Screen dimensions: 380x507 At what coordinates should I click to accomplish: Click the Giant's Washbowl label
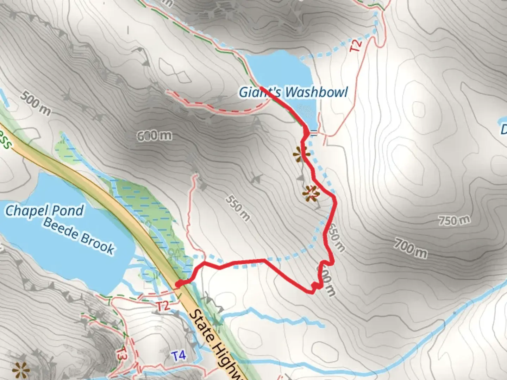click(x=293, y=92)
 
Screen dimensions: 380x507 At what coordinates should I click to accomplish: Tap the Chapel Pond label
click(x=45, y=210)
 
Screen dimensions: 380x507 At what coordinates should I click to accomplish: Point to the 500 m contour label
click(x=35, y=103)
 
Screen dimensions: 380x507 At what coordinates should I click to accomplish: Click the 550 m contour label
click(x=238, y=208)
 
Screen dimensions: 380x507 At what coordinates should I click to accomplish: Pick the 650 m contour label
click(x=336, y=238)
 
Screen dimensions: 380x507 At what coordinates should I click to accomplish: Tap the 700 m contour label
click(x=411, y=248)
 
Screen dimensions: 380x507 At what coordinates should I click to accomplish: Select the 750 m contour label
click(x=454, y=221)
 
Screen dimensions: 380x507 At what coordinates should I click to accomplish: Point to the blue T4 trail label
click(x=179, y=356)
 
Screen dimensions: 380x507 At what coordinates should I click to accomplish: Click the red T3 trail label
click(x=121, y=353)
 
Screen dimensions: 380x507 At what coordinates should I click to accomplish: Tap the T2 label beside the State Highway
click(x=163, y=306)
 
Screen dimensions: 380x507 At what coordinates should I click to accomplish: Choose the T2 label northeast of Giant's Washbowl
click(x=356, y=46)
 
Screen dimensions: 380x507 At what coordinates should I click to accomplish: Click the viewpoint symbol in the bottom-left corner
click(x=20, y=369)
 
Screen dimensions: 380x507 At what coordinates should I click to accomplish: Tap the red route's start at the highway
click(x=178, y=284)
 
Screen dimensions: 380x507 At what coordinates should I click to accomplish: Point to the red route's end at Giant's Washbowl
click(x=261, y=87)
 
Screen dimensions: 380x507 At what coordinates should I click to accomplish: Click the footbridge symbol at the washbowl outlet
click(x=314, y=133)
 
